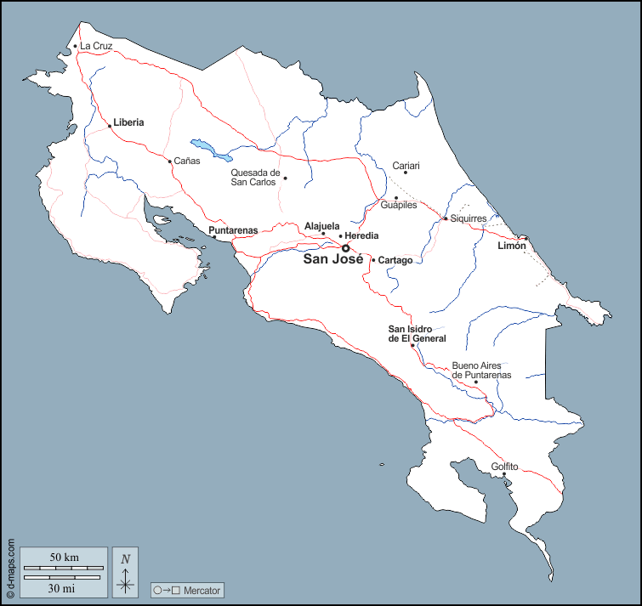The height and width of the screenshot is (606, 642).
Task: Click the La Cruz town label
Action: (96, 46)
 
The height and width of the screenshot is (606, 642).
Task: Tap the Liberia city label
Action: (128, 122)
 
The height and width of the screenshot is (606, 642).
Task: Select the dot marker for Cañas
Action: (169, 161)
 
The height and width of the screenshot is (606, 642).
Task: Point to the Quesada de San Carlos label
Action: (255, 178)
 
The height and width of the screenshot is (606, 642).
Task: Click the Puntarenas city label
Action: (233, 230)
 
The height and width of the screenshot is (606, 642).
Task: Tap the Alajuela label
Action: (322, 226)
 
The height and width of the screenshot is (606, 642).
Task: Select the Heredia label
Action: (362, 235)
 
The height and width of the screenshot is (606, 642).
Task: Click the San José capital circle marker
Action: (345, 249)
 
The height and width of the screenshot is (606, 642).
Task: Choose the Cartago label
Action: (395, 260)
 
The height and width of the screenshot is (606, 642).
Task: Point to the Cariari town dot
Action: (406, 173)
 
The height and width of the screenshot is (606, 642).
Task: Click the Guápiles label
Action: (398, 205)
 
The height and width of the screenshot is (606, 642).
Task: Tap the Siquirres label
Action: (469, 218)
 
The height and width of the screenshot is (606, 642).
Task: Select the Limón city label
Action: (512, 246)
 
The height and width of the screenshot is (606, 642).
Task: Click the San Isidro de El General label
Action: (418, 334)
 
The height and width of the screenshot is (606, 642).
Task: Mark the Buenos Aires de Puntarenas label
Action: (481, 370)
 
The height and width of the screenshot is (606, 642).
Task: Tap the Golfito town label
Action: (505, 467)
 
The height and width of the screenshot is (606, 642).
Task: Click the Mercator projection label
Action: (202, 590)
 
